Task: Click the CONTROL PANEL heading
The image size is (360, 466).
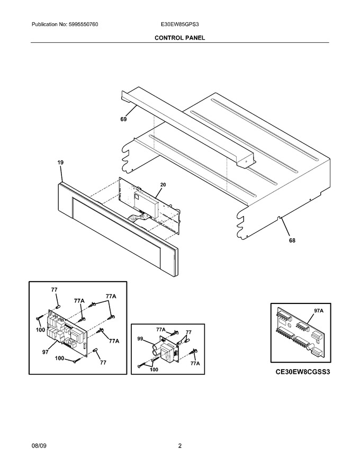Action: tap(179, 38)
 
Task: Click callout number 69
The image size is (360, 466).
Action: tap(123, 119)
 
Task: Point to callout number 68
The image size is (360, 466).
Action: tap(292, 240)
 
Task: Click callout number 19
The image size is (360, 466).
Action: tap(60, 163)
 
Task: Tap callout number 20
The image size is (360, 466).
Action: tap(163, 185)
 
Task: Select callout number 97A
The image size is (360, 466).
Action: tap(319, 310)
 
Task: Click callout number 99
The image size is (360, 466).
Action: tap(140, 338)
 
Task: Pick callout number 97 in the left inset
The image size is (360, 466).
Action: tap(45, 352)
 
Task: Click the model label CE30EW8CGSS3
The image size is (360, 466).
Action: tap(303, 372)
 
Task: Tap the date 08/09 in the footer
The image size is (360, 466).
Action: tap(39, 446)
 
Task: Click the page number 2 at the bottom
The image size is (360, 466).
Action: tap(179, 446)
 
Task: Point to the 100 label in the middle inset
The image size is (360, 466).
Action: tap(154, 370)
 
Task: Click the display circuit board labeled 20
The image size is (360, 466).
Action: tap(150, 205)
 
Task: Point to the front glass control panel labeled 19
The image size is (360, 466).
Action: tap(117, 230)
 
